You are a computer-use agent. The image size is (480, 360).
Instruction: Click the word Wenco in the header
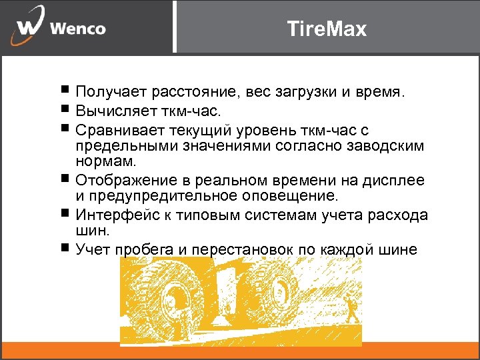77,29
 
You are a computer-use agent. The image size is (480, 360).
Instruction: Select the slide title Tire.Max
326,29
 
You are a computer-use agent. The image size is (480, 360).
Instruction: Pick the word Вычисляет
112,109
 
